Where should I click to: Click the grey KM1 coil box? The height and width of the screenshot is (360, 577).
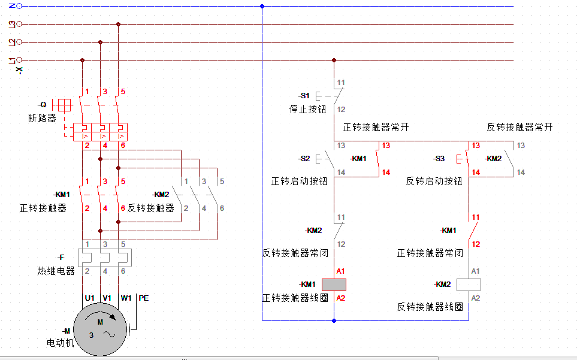tap(334, 285)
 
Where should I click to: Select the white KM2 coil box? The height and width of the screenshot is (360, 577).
tap(469, 285)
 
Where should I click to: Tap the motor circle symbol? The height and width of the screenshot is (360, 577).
tap(100, 329)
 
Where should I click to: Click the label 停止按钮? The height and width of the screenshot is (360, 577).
tap(307, 109)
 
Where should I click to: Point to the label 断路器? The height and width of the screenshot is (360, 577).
tap(43, 118)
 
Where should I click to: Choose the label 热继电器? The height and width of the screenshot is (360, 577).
tap(56, 271)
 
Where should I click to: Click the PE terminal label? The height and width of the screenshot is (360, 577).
tap(144, 298)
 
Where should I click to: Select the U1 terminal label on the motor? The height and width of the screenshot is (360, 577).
tap(90, 298)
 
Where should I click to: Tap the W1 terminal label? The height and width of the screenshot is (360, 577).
tap(126, 298)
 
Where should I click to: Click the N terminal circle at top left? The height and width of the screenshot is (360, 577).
tap(19, 6)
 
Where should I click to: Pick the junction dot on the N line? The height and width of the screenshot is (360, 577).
tap(262, 6)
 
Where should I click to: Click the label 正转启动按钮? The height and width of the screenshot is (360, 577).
tap(299, 181)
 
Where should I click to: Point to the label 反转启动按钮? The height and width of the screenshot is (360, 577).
tap(434, 181)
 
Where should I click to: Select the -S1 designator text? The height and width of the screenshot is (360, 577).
tap(304, 96)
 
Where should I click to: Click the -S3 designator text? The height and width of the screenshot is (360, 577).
tap(439, 159)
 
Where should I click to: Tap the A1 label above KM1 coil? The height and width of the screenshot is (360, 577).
tap(340, 271)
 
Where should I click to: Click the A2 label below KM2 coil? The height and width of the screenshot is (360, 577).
tap(475, 298)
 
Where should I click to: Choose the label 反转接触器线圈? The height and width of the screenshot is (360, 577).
tap(430, 307)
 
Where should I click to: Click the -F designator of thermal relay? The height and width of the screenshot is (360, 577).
tap(61, 258)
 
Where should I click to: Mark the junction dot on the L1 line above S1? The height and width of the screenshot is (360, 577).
tap(334, 60)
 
